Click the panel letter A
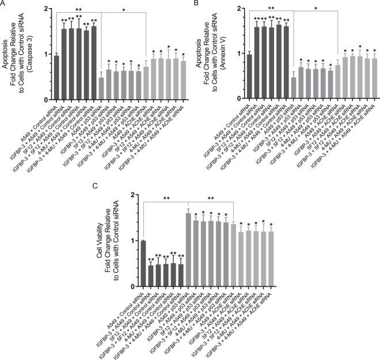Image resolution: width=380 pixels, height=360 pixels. [x=4, y=5]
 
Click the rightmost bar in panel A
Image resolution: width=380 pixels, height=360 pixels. [x=184, y=80]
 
